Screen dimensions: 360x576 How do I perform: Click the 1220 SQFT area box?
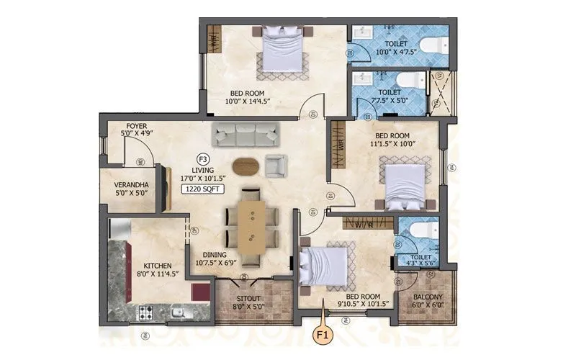click(204, 190)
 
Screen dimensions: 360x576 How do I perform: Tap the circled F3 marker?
click(204, 159)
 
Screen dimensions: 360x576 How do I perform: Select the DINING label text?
click(215, 255)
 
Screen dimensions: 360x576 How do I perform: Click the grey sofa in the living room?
click(245, 133)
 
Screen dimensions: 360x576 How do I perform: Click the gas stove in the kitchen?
click(145, 313)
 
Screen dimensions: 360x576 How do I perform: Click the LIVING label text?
click(204, 171)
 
